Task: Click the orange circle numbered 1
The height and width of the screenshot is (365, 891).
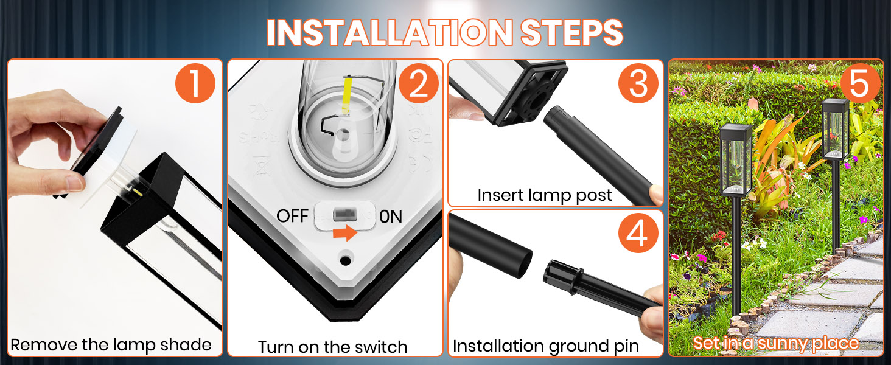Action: tap(195, 83)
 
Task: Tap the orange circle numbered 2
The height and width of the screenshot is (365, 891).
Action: tap(418, 83)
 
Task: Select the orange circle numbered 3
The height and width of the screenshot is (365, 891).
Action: tap(638, 83)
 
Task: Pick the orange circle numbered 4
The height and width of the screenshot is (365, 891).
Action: tap(638, 233)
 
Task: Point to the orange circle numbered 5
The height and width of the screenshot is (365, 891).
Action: tap(859, 83)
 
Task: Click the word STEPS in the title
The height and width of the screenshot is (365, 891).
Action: tap(571, 32)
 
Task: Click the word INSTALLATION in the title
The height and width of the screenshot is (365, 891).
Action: tap(390, 32)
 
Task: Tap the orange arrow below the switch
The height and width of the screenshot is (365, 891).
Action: tap(345, 232)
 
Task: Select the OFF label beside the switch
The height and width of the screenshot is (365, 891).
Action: tap(292, 216)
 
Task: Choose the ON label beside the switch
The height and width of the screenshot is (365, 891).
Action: tap(391, 217)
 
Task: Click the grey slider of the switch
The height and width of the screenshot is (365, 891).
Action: tap(342, 215)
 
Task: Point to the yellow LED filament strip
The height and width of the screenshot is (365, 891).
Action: tap(347, 96)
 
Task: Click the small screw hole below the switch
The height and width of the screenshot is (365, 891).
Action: tap(345, 260)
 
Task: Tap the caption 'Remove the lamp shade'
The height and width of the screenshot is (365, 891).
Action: tap(111, 345)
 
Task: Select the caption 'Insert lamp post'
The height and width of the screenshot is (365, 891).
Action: tap(545, 195)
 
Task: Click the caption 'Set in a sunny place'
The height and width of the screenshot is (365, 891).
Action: tap(775, 343)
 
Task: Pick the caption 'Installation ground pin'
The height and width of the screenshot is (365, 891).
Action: tap(546, 346)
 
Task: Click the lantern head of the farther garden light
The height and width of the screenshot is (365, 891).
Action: tap(836, 129)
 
